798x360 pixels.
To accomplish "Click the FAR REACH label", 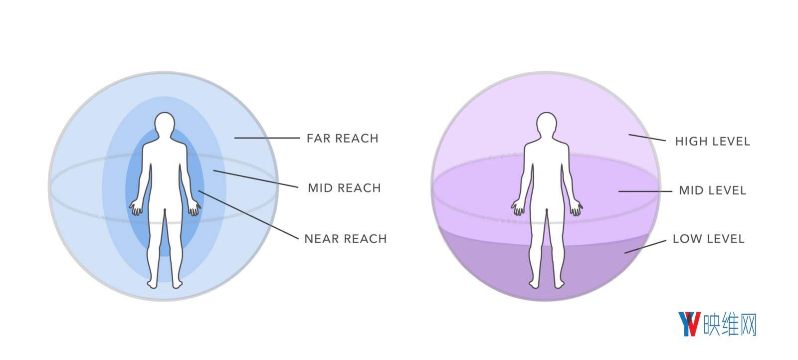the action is [342, 138].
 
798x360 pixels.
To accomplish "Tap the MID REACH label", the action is [345, 187].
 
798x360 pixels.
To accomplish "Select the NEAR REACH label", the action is [346, 238].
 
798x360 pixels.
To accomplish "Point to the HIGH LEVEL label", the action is [713, 142].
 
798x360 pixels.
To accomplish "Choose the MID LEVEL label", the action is [713, 190].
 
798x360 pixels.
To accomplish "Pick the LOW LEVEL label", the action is [709, 238].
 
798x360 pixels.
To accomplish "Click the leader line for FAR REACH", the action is [267, 138].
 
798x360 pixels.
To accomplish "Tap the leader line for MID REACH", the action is [256, 179].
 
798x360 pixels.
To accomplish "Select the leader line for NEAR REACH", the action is [248, 215].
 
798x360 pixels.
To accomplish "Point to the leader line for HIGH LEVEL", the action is [647, 138].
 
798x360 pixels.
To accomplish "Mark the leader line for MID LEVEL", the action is [645, 191].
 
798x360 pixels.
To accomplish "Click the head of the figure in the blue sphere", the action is [165, 124].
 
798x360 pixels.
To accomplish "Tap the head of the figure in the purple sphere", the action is [547, 124].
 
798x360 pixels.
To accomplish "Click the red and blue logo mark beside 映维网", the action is [689, 324].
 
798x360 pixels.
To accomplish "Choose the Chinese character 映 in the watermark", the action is [712, 325].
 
